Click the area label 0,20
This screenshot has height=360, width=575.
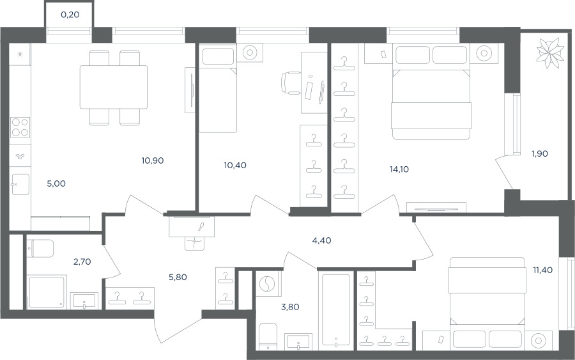point(70,15)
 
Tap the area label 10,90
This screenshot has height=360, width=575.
point(153,160)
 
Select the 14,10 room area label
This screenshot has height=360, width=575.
point(399,169)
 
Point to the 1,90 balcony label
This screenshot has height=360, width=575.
point(540,153)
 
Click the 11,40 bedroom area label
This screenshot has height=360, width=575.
point(542,270)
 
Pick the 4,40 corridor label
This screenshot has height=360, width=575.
point(321,240)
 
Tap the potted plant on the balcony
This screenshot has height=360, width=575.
point(549,54)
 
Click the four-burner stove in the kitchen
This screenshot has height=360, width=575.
point(20,127)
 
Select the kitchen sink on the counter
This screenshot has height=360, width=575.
point(20,184)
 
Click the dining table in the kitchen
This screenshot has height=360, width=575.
point(114,87)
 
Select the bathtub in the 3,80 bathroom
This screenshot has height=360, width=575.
point(336,310)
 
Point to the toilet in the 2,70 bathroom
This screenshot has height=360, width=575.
point(40,249)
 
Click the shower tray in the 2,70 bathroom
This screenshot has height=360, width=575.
point(47,292)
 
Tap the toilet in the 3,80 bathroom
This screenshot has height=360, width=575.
point(268,336)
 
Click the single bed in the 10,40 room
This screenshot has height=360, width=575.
point(217,88)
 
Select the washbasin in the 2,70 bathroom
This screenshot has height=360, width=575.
point(84,301)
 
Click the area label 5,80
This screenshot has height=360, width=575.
point(178,278)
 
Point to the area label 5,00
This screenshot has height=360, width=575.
point(56,184)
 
